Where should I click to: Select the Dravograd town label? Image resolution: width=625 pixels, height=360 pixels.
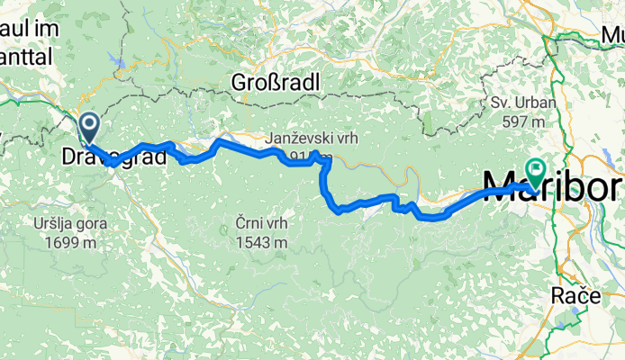(114, 157)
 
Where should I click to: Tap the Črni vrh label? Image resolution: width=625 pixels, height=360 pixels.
(261, 224)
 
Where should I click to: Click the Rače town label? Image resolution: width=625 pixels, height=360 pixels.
(572, 294)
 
